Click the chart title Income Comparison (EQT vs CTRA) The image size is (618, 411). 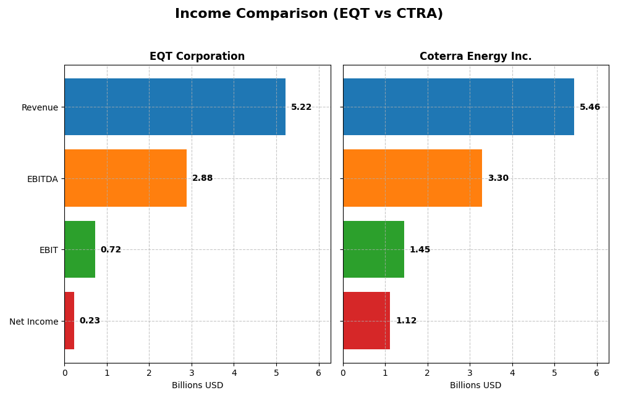[x=308, y=14]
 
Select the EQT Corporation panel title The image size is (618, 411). [x=197, y=56]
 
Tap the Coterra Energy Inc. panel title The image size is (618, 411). [x=475, y=56]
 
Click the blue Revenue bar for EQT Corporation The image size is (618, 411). [x=175, y=107]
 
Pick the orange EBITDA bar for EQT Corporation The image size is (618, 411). [x=125, y=178]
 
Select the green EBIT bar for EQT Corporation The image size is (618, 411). [x=80, y=249]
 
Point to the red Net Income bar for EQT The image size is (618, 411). [x=69, y=321]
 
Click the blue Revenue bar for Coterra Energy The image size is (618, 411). [x=458, y=107]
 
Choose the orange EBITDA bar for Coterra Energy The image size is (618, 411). [x=412, y=178]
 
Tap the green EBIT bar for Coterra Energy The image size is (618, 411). [x=373, y=249]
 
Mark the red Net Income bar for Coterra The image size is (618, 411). [x=366, y=321]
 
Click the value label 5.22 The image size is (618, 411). [x=302, y=107]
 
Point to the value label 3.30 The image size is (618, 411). [x=498, y=178]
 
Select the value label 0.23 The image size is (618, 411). [x=90, y=321]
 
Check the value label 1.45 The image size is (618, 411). [x=420, y=250]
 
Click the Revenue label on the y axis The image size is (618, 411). [x=40, y=107]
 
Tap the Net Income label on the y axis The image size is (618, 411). [x=34, y=322]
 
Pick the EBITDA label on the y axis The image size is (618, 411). [x=42, y=179]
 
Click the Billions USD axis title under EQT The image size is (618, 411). [x=197, y=386]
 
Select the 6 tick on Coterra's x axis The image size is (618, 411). [x=596, y=373]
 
